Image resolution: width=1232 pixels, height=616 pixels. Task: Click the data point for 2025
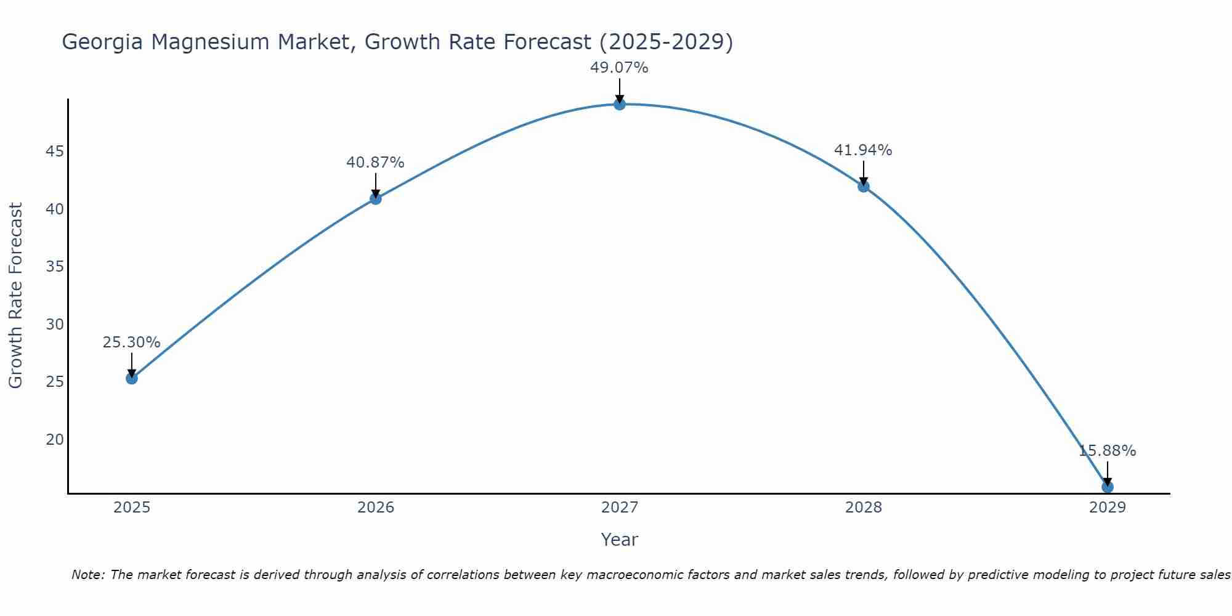pos(131,378)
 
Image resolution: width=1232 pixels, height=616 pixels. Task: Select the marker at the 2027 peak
pos(619,104)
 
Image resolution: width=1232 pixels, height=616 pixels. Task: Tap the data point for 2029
pos(1107,487)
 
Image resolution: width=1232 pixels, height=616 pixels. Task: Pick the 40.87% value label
pos(375,163)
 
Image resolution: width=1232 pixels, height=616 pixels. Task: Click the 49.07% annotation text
pos(619,68)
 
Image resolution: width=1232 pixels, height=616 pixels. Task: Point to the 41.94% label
pos(862,150)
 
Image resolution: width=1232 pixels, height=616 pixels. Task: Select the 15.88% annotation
pos(1107,451)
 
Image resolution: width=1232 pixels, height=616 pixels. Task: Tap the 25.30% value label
pos(131,342)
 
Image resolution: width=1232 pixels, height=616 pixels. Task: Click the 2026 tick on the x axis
pos(376,508)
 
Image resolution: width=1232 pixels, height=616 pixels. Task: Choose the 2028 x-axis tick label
pos(863,508)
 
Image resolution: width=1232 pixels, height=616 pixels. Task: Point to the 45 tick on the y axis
pos(55,152)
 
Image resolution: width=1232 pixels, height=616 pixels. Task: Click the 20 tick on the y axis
pos(55,440)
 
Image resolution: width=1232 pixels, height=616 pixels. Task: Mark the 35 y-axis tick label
pos(55,267)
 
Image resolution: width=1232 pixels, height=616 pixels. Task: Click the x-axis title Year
pos(619,540)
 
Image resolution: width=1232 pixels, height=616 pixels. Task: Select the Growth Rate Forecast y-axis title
pos(15,296)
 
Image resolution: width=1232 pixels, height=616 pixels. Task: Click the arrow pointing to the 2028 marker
pos(863,173)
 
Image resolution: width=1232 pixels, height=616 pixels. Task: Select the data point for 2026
pos(375,198)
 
